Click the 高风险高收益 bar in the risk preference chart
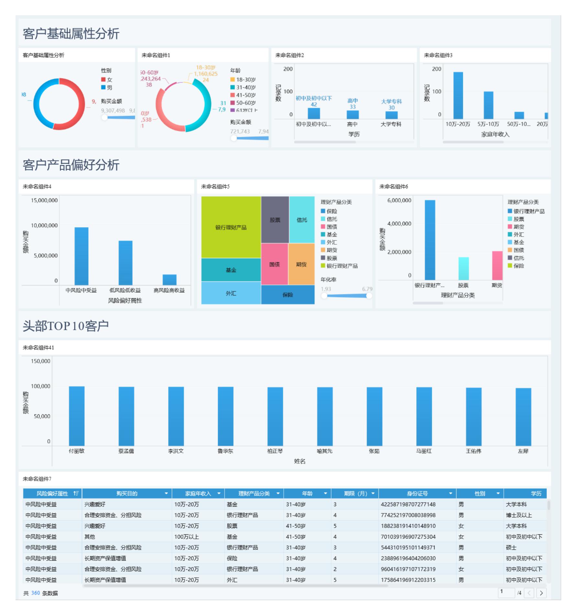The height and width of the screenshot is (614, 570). (169, 280)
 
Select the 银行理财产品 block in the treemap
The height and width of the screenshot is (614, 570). (231, 227)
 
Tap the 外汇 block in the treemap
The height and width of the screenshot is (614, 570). (231, 293)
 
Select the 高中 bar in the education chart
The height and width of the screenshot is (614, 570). (352, 115)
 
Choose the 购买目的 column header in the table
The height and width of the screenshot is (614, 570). (127, 494)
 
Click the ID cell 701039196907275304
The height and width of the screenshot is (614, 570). (408, 537)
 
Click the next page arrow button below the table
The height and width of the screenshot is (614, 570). (541, 593)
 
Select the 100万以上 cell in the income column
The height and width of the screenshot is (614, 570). (186, 537)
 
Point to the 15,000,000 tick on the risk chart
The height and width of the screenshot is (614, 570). (44, 200)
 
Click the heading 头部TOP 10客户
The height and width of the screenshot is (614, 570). (66, 326)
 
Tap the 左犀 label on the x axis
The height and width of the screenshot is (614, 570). (523, 451)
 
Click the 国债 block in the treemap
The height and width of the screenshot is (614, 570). (274, 264)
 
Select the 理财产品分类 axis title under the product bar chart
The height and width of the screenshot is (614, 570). (457, 295)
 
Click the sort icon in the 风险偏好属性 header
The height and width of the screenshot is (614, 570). (76, 494)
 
